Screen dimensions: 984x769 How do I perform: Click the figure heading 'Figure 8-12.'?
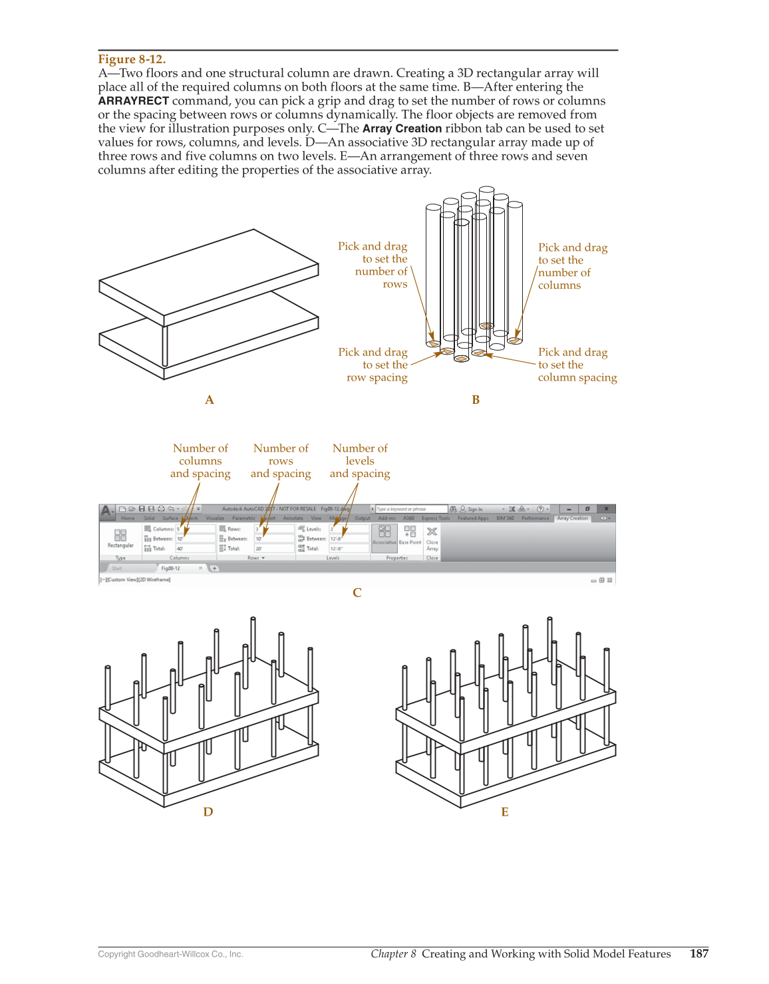click(132, 59)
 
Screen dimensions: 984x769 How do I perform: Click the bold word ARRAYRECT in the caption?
click(134, 101)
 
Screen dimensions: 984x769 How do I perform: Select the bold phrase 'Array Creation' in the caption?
click(402, 129)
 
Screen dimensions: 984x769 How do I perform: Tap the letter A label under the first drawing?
click(210, 400)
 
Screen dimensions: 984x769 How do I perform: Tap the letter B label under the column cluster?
click(476, 400)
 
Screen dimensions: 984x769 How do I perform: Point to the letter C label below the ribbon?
click(357, 593)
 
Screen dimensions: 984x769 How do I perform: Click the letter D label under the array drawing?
click(208, 812)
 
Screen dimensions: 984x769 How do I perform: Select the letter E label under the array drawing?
click(505, 812)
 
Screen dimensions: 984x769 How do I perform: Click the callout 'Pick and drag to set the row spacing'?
click(374, 365)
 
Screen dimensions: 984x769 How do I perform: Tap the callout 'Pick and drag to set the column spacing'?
click(576, 365)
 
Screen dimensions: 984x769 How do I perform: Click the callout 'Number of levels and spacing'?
click(360, 461)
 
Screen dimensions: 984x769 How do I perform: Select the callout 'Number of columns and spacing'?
click(200, 461)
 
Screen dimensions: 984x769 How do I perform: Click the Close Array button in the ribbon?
click(432, 536)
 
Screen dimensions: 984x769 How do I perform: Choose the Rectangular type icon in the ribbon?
click(120, 537)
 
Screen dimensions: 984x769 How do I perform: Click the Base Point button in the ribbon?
click(410, 535)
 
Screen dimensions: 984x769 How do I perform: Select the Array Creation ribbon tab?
click(572, 518)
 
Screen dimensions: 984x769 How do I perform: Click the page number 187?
click(698, 953)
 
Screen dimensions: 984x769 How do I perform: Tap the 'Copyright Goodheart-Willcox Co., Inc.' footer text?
click(170, 954)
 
